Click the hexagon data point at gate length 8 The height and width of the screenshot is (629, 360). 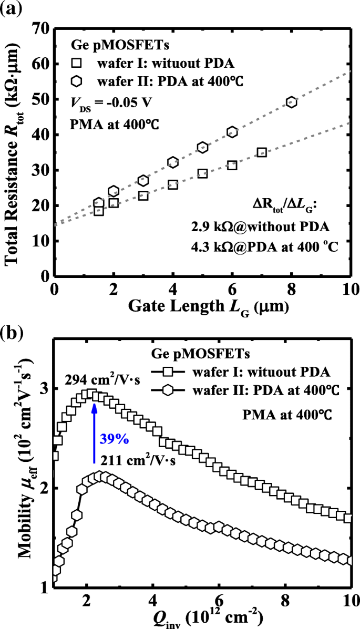click(x=292, y=102)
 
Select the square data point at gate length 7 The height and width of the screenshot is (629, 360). click(x=262, y=152)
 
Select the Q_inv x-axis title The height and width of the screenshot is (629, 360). click(x=202, y=616)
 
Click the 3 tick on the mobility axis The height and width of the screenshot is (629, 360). click(x=44, y=388)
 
